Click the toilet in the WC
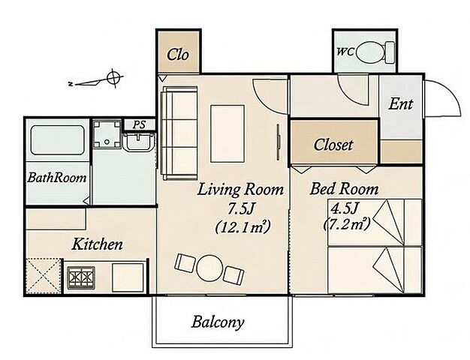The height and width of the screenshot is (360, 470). (x=375, y=52)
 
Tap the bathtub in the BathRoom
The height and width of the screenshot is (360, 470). (x=57, y=140)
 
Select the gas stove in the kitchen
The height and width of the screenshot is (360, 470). (x=81, y=277)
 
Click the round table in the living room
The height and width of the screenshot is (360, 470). (x=209, y=268)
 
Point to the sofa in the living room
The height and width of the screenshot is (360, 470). (x=179, y=133)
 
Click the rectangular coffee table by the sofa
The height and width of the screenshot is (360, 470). (x=227, y=133)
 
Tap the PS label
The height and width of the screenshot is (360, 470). (x=139, y=124)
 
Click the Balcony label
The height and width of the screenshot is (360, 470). (x=218, y=322)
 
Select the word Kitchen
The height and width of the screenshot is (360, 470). (x=98, y=244)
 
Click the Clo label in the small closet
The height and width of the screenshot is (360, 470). (x=178, y=55)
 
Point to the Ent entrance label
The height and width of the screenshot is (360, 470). (x=400, y=104)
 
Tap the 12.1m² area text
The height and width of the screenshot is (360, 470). (x=243, y=226)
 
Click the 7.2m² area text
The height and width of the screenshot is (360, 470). (x=347, y=223)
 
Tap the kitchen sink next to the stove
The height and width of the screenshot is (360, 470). (x=128, y=277)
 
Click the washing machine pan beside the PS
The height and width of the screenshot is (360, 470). (x=107, y=133)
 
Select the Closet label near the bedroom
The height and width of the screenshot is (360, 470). (x=333, y=145)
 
